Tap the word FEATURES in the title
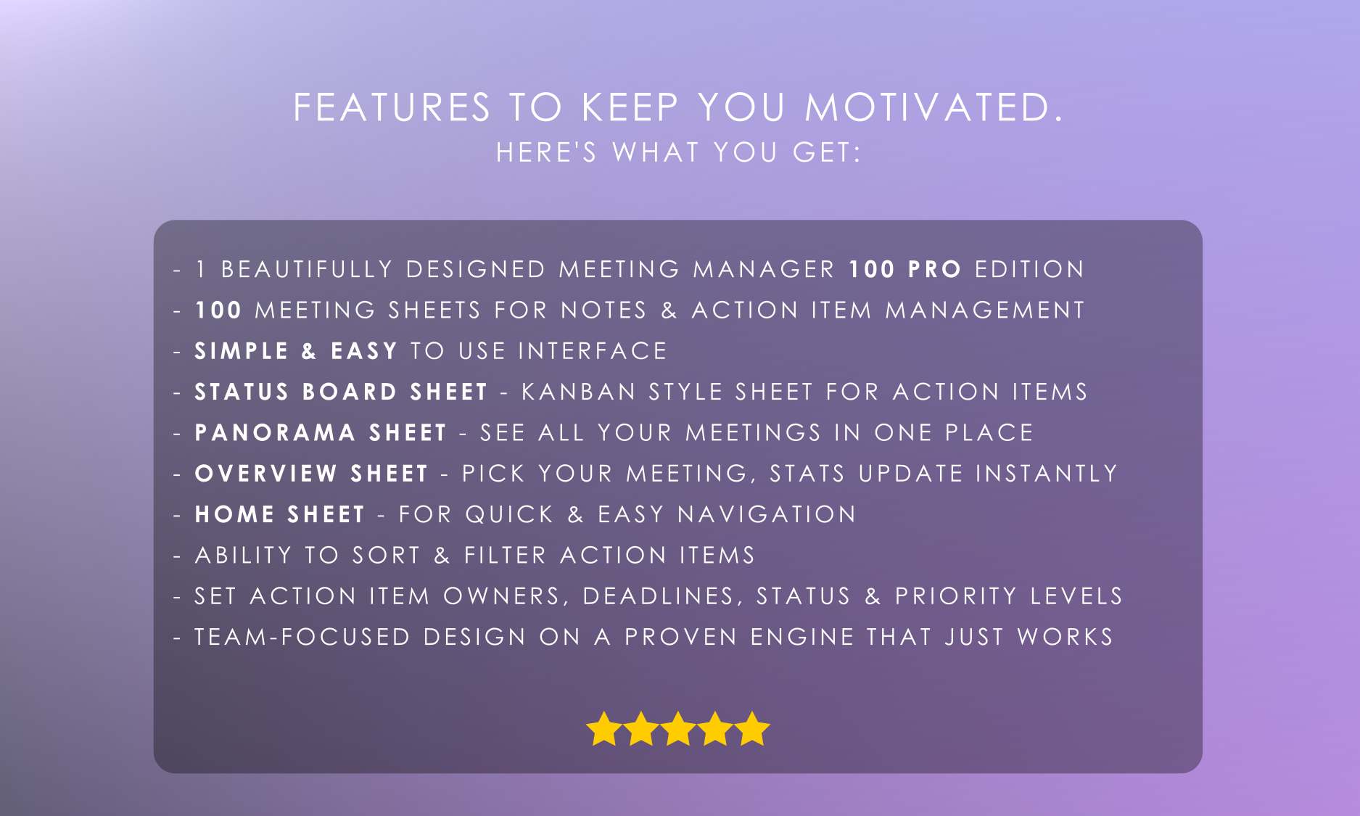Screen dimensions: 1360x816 pyautogui.click(x=392, y=107)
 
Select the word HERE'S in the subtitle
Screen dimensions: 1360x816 pyautogui.click(x=546, y=152)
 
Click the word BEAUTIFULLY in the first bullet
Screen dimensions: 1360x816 pyautogui.click(x=307, y=269)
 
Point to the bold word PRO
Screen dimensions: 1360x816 pyautogui.click(x=935, y=269)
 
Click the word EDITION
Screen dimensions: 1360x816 pyautogui.click(x=1029, y=269)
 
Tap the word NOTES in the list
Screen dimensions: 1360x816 pyautogui.click(x=603, y=310)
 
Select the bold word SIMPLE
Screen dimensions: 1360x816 pyautogui.click(x=242, y=351)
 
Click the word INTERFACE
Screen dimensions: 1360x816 pyautogui.click(x=593, y=351)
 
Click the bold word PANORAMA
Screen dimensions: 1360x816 pyautogui.click(x=276, y=433)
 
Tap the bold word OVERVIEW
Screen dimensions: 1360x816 pyautogui.click(x=266, y=474)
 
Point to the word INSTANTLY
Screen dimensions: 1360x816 pyautogui.click(x=1046, y=474)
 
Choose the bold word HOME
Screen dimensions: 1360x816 pyautogui.click(x=235, y=514)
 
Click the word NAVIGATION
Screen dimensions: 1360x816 pyautogui.click(x=767, y=514)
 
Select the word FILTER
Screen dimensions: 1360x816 pyautogui.click(x=505, y=556)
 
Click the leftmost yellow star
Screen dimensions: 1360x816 pyautogui.click(x=603, y=728)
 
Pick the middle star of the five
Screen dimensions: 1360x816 pyautogui.click(x=678, y=728)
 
